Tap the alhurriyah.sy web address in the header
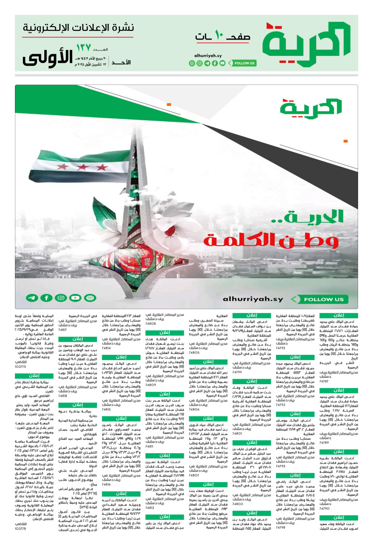[208, 55]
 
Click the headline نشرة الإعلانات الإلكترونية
[78, 29]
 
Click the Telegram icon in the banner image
[32, 298]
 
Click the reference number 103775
[21, 367]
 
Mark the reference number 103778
[21, 529]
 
